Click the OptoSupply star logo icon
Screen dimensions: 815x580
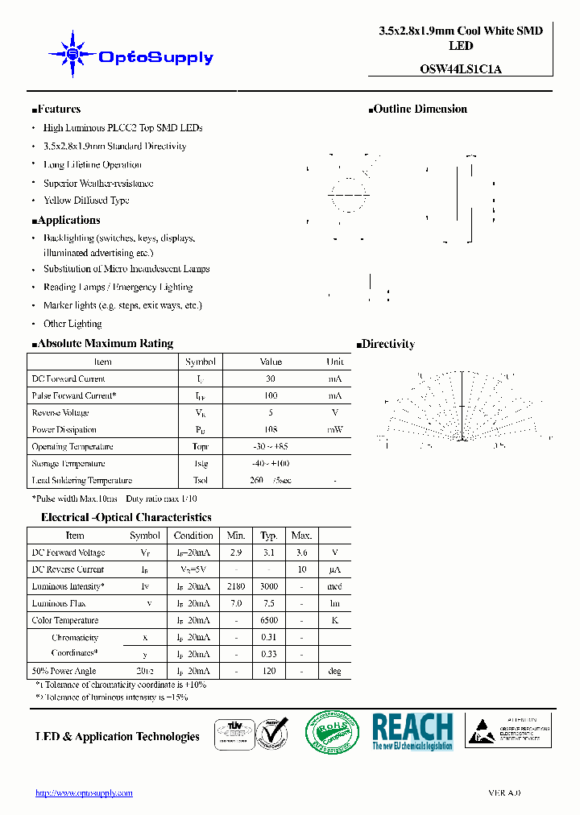pos(72,55)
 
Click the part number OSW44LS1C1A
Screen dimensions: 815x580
pos(461,68)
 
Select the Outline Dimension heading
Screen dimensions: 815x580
pos(420,110)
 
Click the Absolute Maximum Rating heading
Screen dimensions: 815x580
pos(104,343)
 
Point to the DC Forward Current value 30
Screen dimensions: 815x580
pos(271,379)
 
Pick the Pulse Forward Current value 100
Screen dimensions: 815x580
pos(271,395)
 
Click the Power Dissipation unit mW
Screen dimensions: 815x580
pos(334,429)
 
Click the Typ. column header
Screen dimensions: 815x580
pos(269,535)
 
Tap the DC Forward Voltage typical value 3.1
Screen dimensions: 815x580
pos(269,552)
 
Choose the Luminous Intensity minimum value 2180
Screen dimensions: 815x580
pos(236,586)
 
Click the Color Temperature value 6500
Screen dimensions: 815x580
pos(269,620)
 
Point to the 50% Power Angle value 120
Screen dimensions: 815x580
pos(269,671)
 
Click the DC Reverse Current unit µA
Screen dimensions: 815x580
pos(334,569)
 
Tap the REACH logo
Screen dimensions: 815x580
pos(412,731)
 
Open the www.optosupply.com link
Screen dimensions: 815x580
pos(84,793)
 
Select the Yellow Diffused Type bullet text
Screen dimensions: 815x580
pos(86,201)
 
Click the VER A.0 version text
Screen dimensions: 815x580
pos(504,793)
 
